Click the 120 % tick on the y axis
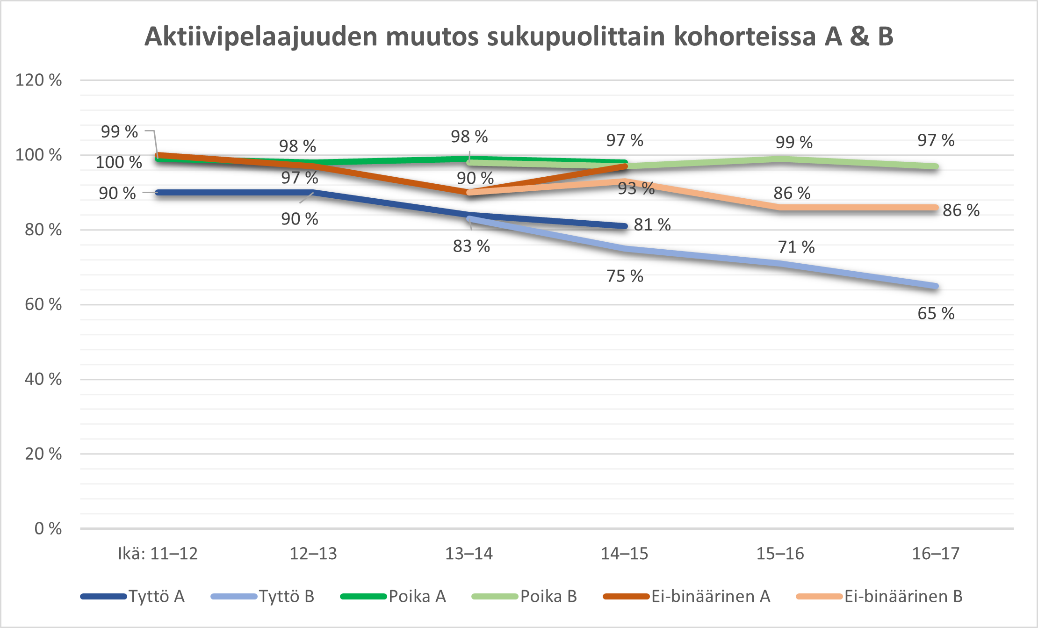[x=39, y=80]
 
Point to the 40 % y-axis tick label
[x=43, y=379]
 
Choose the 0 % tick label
[x=48, y=528]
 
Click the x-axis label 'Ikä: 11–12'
[x=158, y=554]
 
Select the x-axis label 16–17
[x=936, y=554]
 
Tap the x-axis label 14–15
[x=624, y=554]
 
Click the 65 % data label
[x=936, y=313]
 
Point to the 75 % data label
[x=625, y=276]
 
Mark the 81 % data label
[x=652, y=225]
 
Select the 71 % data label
[x=796, y=247]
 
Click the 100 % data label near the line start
[x=119, y=162]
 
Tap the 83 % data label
[x=471, y=246]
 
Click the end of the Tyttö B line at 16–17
[x=936, y=286]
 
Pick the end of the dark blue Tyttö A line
[x=625, y=226]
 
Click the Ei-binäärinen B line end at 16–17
[x=936, y=208]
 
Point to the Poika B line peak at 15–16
[x=780, y=159]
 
